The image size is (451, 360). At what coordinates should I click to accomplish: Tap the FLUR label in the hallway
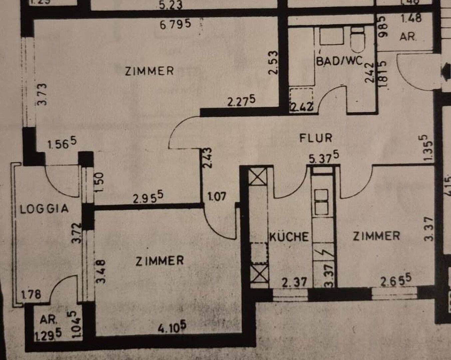[315, 138]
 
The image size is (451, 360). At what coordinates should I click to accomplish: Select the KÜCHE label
[289, 237]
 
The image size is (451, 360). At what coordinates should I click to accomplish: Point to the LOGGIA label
[44, 209]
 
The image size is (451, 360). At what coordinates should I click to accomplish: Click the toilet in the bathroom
[358, 40]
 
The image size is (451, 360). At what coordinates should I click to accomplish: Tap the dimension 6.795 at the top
[175, 24]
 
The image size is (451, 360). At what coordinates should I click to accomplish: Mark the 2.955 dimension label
[148, 198]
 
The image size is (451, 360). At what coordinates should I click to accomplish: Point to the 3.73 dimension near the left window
[43, 94]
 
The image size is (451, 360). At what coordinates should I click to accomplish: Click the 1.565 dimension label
[62, 144]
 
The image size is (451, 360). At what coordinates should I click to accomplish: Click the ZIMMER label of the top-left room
[149, 71]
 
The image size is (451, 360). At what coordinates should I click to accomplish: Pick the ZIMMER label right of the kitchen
[376, 236]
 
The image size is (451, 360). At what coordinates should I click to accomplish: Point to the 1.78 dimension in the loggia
[31, 294]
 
